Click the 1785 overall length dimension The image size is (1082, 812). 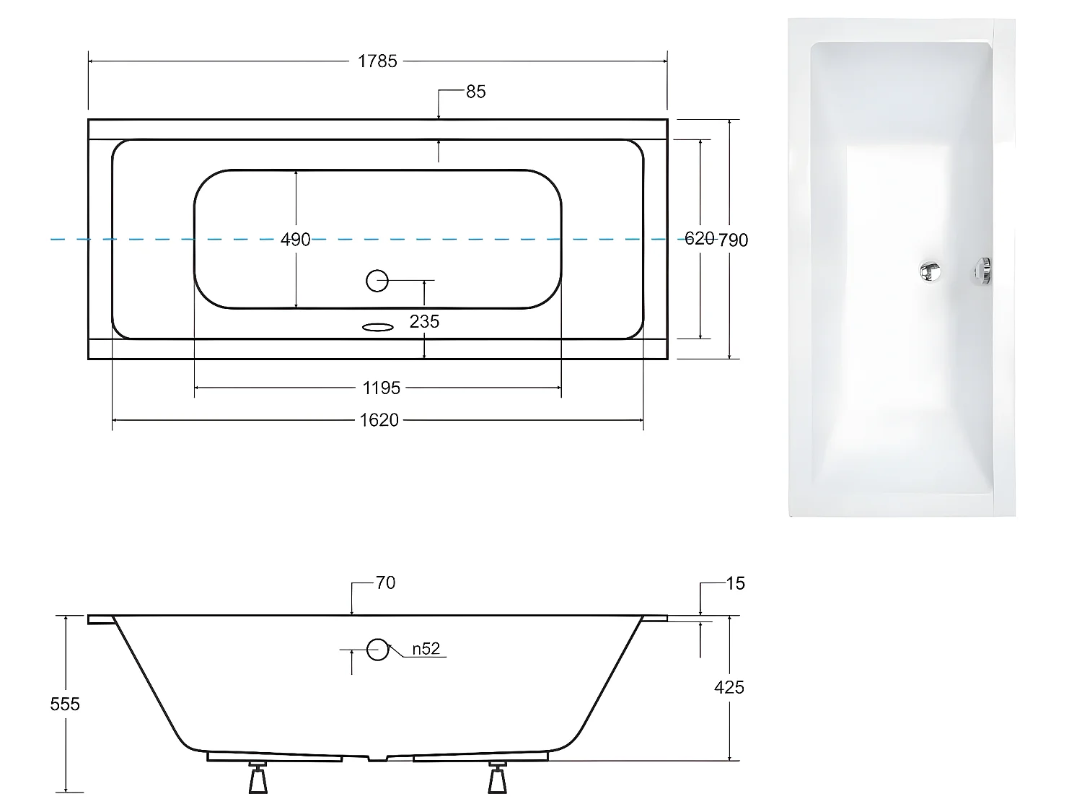(x=377, y=61)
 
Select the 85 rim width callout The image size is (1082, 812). (x=475, y=92)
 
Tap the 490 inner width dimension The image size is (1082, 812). (x=296, y=239)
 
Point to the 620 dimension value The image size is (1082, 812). (x=698, y=238)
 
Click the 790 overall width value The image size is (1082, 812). (x=734, y=240)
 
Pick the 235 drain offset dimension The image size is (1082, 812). (x=424, y=321)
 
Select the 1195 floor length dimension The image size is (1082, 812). (x=381, y=388)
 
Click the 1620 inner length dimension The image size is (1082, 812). (x=379, y=420)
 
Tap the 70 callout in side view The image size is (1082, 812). (x=385, y=583)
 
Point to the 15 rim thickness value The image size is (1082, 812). (x=734, y=583)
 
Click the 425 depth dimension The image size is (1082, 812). (x=729, y=687)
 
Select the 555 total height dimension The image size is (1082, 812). (x=65, y=704)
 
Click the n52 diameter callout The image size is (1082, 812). (x=426, y=649)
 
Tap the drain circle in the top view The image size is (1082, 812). (x=377, y=281)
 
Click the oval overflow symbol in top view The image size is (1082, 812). (x=377, y=328)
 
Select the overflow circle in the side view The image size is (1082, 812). (x=377, y=650)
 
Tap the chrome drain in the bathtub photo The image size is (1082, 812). (x=930, y=271)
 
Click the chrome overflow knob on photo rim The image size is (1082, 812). (x=982, y=271)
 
